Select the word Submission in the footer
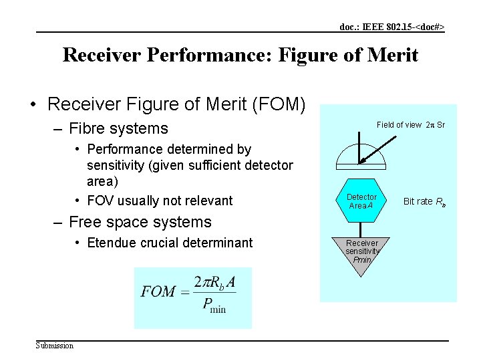tap(55, 345)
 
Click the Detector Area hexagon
tap(362, 201)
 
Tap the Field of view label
tap(399, 125)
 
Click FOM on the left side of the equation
tap(158, 292)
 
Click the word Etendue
tap(113, 242)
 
